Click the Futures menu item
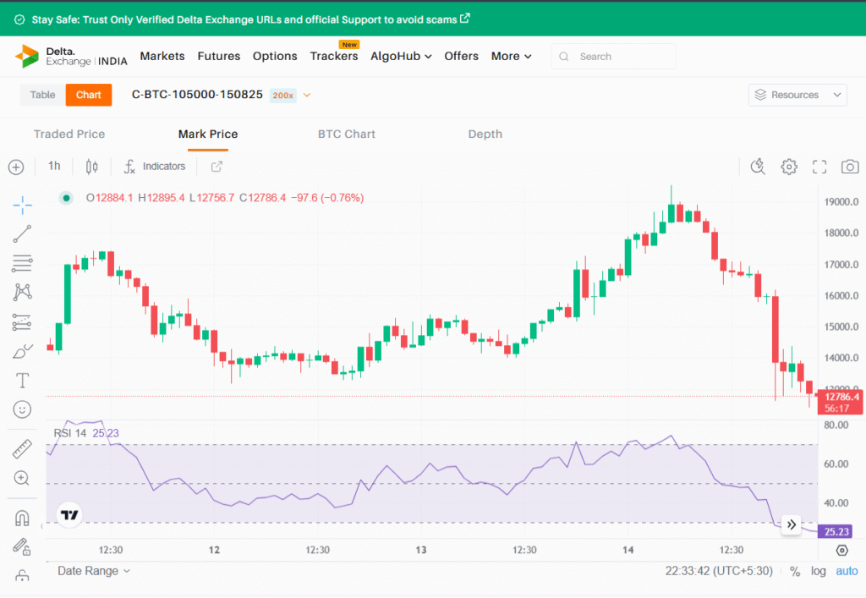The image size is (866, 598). (x=219, y=56)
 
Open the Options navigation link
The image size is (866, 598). (x=275, y=56)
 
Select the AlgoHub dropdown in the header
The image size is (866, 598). (x=401, y=56)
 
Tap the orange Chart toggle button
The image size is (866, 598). (x=89, y=95)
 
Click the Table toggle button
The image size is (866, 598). (x=42, y=95)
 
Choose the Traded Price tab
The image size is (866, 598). (x=69, y=134)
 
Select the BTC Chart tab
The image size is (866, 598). (x=347, y=134)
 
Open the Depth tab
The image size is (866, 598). (x=485, y=134)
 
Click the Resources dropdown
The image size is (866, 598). (x=797, y=95)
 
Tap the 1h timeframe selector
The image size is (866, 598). (x=54, y=166)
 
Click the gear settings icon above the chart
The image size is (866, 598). (x=789, y=167)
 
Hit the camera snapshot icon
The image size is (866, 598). (x=849, y=167)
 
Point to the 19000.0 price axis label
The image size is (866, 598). (x=842, y=202)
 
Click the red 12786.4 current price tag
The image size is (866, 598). (x=841, y=397)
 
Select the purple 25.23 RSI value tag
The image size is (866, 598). (x=836, y=532)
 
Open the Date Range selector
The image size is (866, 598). (x=94, y=571)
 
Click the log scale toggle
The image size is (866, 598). (x=819, y=571)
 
